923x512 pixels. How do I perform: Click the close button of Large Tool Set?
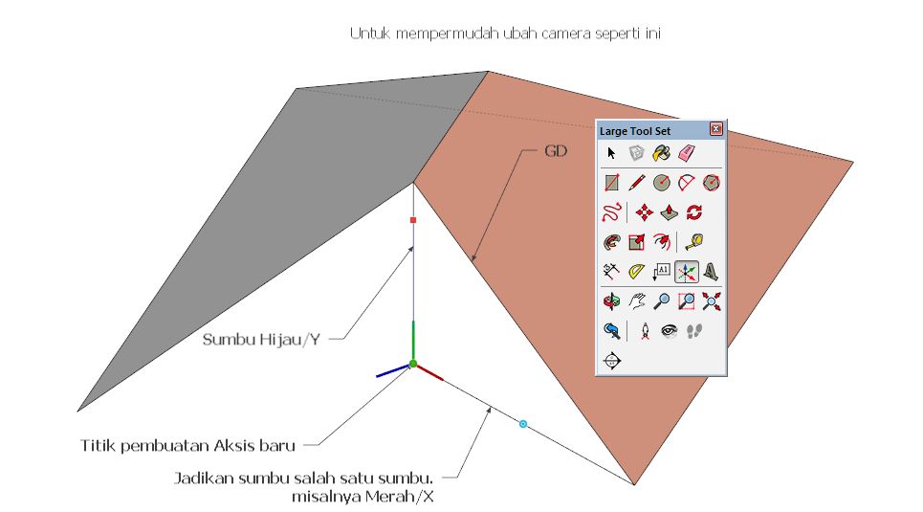[715, 129]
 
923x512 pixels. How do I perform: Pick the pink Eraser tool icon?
[685, 153]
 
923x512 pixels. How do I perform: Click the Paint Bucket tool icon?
[661, 153]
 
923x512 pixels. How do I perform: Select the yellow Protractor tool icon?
[637, 273]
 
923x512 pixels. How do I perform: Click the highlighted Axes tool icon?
[686, 273]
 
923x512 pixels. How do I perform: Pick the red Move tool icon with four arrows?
[645, 211]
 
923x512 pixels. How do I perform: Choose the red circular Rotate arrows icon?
[694, 211]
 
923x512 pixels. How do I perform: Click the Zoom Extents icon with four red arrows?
[711, 301]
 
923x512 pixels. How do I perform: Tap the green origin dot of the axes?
[413, 364]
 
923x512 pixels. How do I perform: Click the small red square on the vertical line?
[413, 220]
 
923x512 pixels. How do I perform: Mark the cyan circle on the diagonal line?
[523, 423]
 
